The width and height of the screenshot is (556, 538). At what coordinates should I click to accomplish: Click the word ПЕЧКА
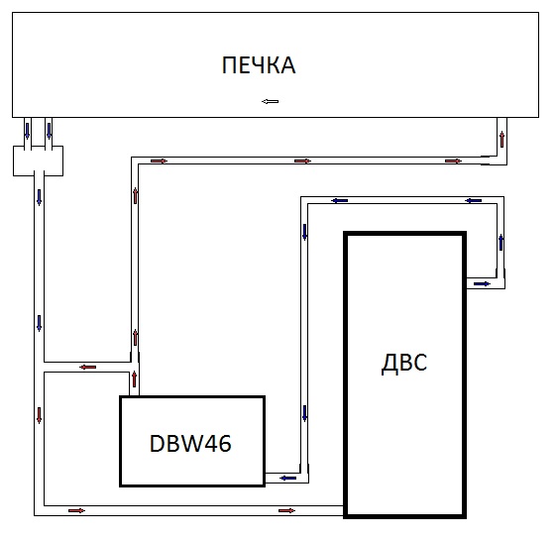point(259,65)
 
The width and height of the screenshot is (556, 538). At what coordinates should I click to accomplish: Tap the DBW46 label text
point(190,443)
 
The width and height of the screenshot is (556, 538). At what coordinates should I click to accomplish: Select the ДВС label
point(404,363)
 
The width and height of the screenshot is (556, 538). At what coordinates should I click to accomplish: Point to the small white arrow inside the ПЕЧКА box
point(270,102)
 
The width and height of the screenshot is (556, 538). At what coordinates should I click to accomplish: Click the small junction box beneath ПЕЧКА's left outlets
point(39,161)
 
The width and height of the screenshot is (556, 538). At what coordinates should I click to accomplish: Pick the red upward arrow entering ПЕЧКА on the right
point(501,140)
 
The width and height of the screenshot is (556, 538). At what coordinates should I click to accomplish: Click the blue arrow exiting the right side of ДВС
point(482,284)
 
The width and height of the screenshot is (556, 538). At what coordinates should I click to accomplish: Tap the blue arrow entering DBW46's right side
point(288,479)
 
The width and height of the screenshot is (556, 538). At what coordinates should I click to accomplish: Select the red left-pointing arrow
point(88,368)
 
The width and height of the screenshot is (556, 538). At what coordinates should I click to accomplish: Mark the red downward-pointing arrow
point(39,415)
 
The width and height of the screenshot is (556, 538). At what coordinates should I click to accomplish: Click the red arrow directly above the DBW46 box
point(134,378)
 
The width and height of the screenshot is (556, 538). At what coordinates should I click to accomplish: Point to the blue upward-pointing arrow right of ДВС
point(500,243)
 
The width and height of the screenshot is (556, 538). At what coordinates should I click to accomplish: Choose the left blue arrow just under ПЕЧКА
point(27,131)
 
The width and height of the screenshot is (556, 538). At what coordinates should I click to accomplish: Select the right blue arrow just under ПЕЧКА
point(49,131)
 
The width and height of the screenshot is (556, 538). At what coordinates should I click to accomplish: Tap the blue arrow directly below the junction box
point(39,197)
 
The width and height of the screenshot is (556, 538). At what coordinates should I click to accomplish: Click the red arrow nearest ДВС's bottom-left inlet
point(286,510)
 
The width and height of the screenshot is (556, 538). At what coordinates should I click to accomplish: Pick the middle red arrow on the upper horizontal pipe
point(302,161)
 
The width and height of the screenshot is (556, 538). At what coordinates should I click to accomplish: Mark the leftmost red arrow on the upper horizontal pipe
point(159,161)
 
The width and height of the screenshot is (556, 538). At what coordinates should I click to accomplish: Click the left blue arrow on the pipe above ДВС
point(340,200)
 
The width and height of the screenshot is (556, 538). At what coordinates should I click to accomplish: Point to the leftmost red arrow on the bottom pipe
point(76,510)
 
